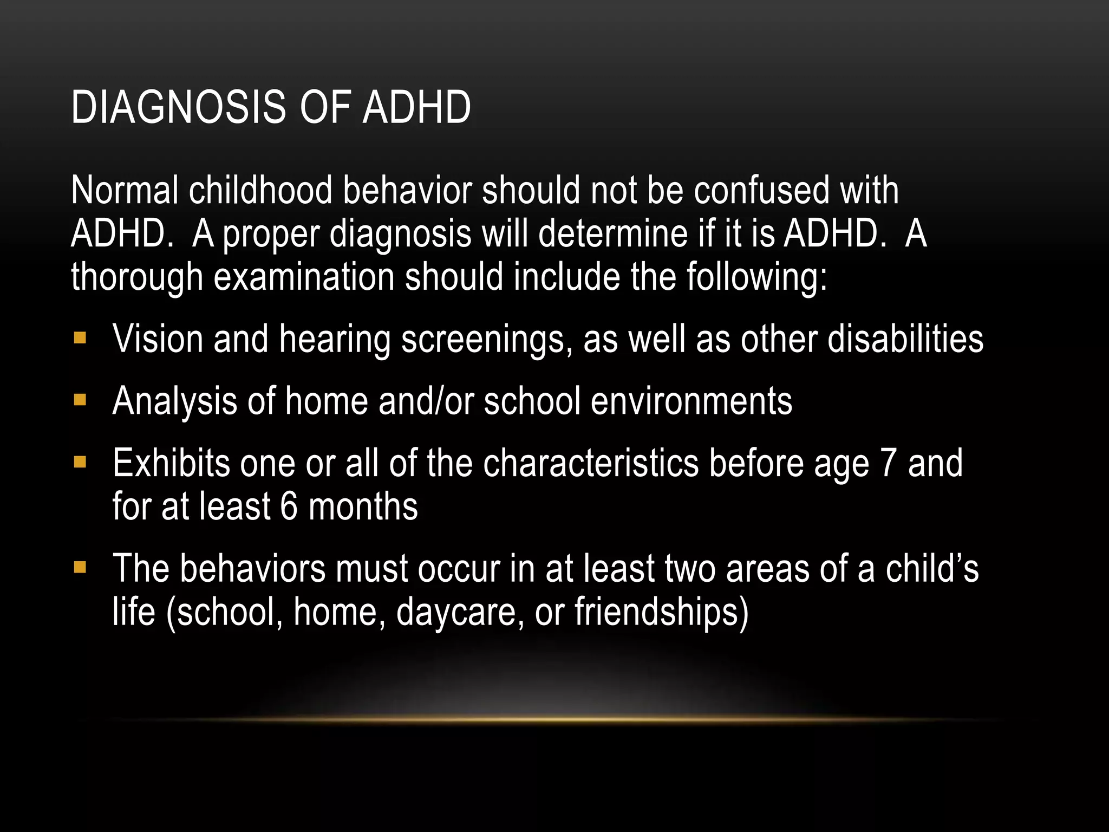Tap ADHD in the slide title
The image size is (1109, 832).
pos(416,107)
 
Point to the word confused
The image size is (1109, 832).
pos(761,191)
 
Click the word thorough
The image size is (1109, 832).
pos(137,277)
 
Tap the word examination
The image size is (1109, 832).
pos(304,277)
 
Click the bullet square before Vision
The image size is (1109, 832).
pos(80,339)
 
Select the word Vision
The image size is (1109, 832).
pos(158,339)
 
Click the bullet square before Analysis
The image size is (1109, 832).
pos(80,401)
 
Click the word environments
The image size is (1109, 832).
pos(692,401)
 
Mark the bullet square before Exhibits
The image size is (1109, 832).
pos(80,463)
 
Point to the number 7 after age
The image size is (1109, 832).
pos(889,464)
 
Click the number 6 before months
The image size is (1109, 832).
pos(289,507)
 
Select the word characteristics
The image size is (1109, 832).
pos(591,464)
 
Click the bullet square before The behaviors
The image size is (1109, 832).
pos(80,568)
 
